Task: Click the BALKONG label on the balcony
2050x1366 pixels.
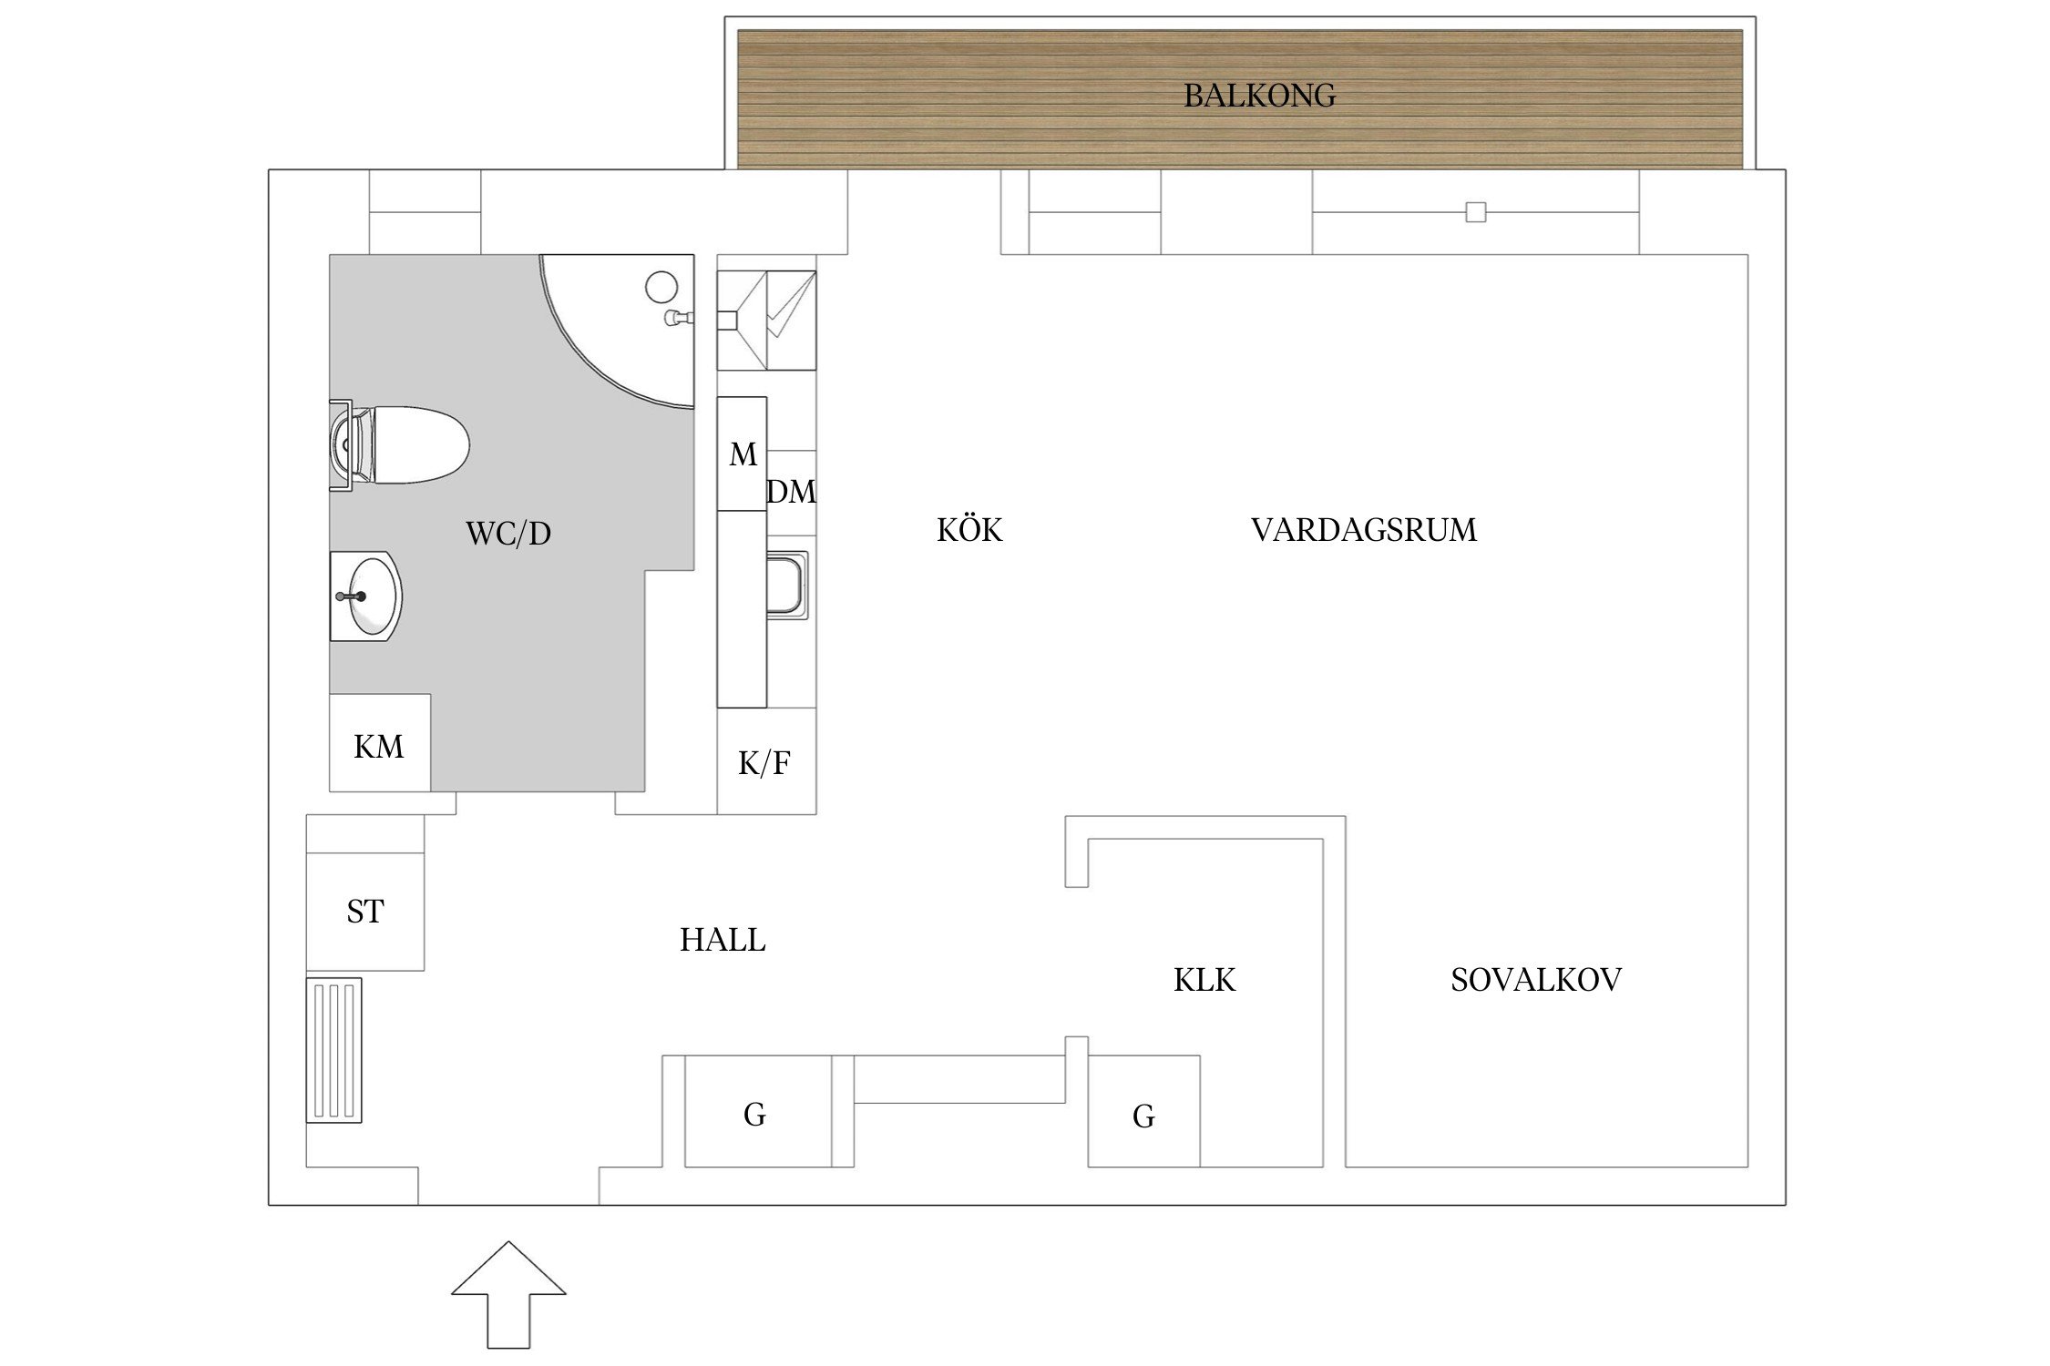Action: click(1259, 96)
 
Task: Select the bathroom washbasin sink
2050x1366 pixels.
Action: click(369, 596)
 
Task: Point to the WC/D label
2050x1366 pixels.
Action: click(508, 534)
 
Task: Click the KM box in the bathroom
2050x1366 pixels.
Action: click(379, 745)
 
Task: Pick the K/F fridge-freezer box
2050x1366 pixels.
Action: click(765, 763)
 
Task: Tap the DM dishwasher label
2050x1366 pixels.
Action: click(791, 493)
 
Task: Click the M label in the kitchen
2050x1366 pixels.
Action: click(743, 454)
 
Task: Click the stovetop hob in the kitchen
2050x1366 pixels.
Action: click(766, 320)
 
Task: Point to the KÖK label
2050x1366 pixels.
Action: click(969, 530)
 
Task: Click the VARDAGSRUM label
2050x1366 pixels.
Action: click(1363, 530)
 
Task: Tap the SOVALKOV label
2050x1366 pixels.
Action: click(1536, 980)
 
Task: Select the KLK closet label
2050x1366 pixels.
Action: click(1204, 980)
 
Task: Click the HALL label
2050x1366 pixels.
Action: click(723, 940)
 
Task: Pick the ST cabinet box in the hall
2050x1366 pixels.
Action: click(365, 911)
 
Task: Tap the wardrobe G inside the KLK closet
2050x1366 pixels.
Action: click(1143, 1116)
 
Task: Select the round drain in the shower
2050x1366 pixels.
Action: click(662, 287)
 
